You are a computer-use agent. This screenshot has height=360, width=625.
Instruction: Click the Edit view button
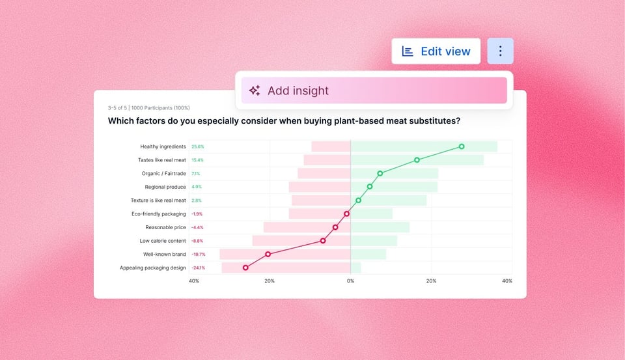coord(436,51)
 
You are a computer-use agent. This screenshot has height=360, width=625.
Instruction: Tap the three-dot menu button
coord(500,51)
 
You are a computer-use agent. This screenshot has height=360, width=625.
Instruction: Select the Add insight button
coord(374,90)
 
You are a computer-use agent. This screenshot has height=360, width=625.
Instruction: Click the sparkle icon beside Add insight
coord(255,90)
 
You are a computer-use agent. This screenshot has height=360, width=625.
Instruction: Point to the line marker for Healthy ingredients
coord(462,146)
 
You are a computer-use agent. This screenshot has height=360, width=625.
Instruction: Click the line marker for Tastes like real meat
coord(417,159)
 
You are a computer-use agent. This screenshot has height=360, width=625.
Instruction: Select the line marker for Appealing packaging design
coord(245,268)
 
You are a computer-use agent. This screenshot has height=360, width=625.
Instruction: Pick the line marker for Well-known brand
coord(268,254)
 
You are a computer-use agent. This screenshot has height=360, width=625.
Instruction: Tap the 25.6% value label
coord(197,146)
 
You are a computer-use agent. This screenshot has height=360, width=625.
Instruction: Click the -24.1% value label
coord(198,268)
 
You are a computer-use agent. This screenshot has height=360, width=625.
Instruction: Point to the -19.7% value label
coord(198,254)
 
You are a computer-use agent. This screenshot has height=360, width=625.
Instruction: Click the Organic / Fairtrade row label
coord(163,174)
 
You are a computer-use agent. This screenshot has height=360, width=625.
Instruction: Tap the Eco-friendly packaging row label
coord(159,214)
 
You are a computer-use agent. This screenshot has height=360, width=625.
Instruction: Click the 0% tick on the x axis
coord(350,281)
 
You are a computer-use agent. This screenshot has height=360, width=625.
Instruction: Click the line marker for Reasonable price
coord(335,227)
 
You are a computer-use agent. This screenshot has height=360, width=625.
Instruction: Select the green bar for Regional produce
coord(397,187)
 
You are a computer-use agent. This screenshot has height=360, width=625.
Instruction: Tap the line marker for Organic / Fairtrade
coord(380,173)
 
